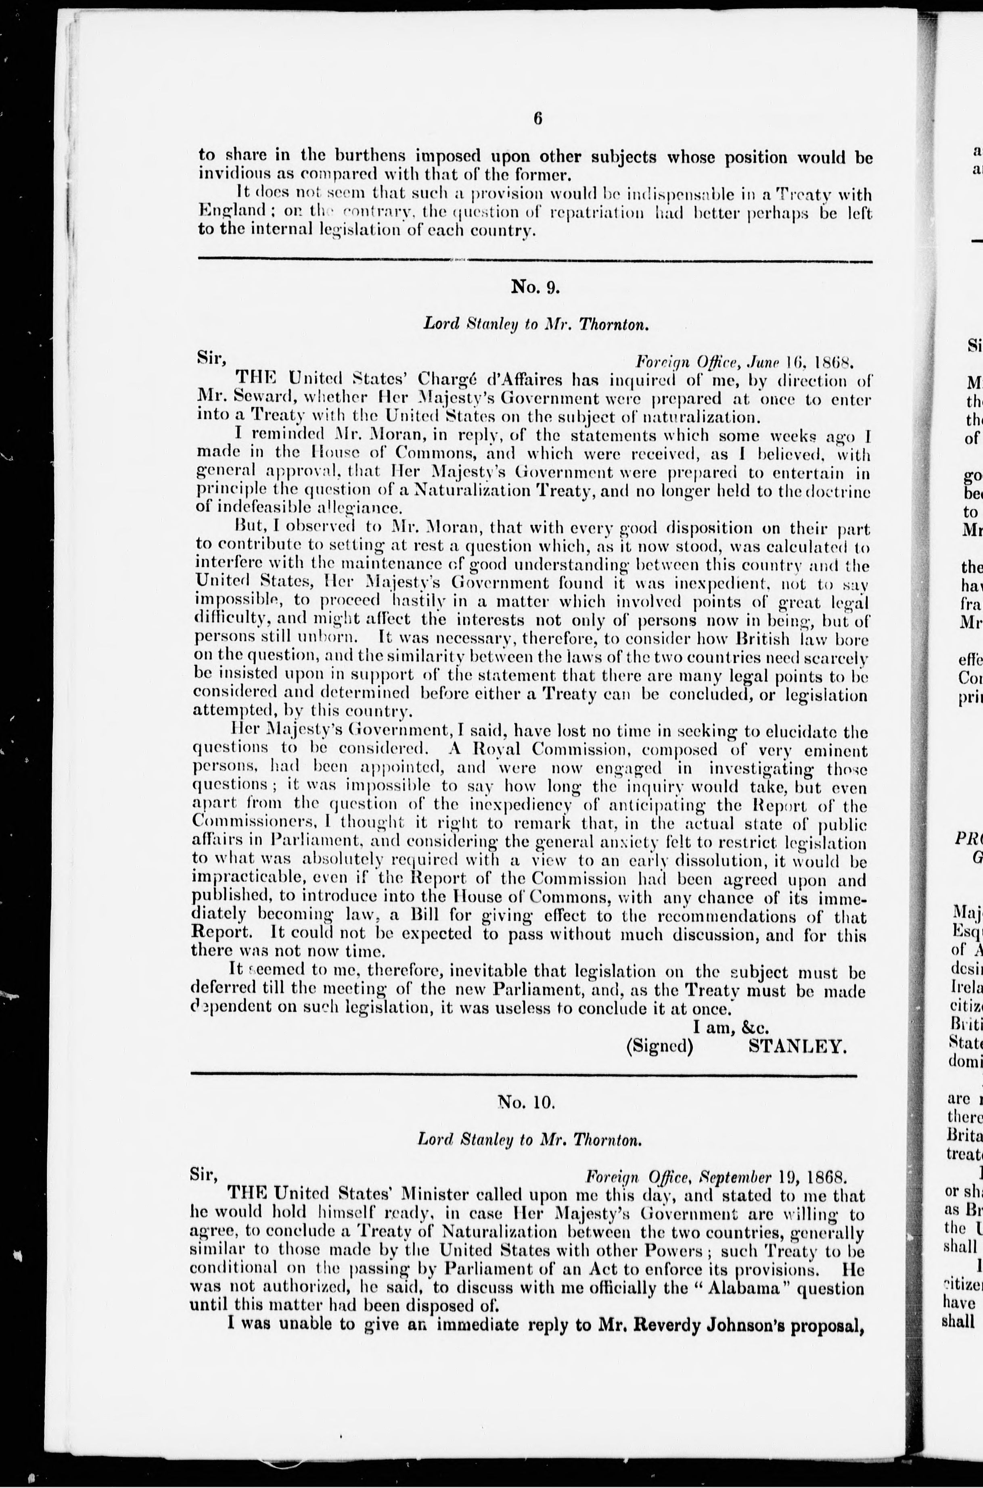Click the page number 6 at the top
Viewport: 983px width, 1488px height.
point(537,119)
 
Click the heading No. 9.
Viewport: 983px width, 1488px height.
point(535,287)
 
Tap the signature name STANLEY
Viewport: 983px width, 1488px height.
point(797,1046)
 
